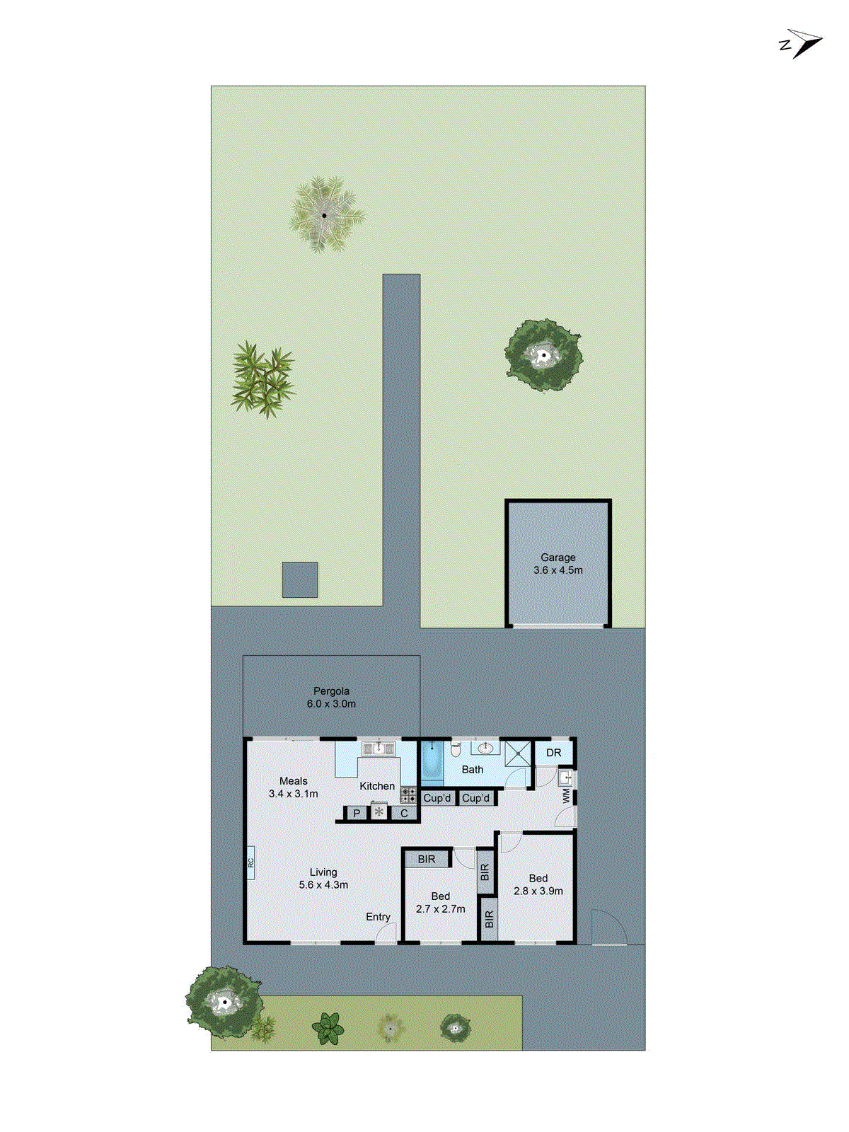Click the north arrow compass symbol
click(802, 43)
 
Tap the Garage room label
click(558, 564)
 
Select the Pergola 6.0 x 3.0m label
click(331, 698)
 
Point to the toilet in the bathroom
click(456, 749)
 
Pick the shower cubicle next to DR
click(518, 753)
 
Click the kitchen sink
click(379, 748)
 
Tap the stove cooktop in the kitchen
click(408, 795)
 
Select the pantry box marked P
click(357, 814)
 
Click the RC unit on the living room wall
click(250, 862)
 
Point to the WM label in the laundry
click(566, 796)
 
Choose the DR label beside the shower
click(553, 753)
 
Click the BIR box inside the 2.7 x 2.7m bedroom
click(426, 859)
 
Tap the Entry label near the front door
click(378, 917)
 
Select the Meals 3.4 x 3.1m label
click(293, 787)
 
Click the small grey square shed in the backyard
click(300, 579)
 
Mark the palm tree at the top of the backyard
click(326, 214)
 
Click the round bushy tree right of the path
click(543, 354)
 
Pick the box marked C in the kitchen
click(404, 814)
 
